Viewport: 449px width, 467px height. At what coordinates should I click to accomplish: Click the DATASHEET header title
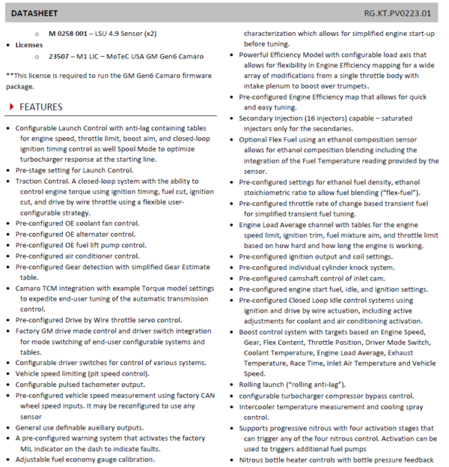click(x=33, y=13)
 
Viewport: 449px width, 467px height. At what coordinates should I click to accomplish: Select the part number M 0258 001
click(x=73, y=34)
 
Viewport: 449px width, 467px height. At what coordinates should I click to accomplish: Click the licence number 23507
click(x=61, y=55)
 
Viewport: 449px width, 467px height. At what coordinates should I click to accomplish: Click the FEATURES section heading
click(x=41, y=107)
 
